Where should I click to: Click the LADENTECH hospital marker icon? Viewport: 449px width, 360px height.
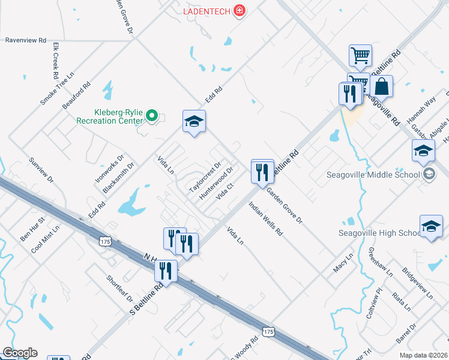pos(240,11)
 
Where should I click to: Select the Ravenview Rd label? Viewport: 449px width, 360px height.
pos(26,40)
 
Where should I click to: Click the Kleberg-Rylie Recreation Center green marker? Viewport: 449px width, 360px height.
pos(152,115)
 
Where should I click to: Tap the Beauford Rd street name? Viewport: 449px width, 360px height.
pos(76,95)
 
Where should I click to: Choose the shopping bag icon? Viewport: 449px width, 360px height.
pos(381,88)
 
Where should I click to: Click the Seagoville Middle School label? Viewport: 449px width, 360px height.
pos(373,175)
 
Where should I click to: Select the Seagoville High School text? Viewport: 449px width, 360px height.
pos(378,233)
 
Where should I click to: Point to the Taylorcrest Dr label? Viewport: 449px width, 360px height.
pos(206,174)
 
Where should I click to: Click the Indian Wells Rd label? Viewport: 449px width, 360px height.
pos(265,223)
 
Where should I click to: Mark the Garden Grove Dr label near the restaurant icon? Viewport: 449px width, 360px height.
pos(285,205)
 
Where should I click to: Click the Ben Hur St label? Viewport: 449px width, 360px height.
pos(33,229)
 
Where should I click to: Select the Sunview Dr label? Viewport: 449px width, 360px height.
pos(41,171)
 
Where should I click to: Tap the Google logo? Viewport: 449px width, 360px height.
pos(20,353)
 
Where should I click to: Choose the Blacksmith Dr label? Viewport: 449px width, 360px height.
pos(118,178)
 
